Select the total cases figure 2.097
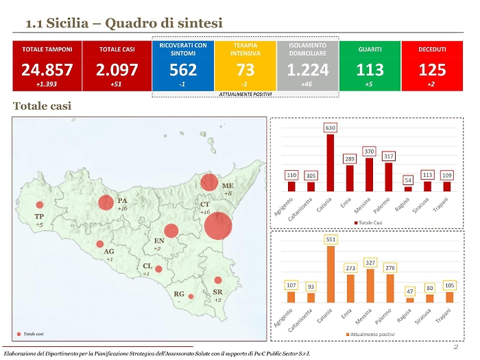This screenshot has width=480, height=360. [x=117, y=69]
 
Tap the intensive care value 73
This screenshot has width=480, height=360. [x=245, y=69]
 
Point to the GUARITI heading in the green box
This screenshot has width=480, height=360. [x=370, y=49]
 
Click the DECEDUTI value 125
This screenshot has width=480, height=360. [x=432, y=69]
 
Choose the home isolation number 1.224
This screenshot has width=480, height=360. [x=308, y=69]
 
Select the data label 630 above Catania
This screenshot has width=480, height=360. [x=331, y=128]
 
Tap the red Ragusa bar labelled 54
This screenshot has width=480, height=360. [x=408, y=189]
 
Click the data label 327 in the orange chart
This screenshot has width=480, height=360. [x=370, y=263]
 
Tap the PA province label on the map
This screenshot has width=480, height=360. [x=123, y=200]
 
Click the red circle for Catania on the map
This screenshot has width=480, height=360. [x=218, y=226]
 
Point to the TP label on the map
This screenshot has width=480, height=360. [x=40, y=217]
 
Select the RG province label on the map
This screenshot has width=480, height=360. [x=178, y=293]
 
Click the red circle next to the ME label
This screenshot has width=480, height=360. [x=209, y=182]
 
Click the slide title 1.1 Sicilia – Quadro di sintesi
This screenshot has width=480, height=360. [x=124, y=23]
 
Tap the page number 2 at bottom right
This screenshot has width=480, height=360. [x=455, y=346]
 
